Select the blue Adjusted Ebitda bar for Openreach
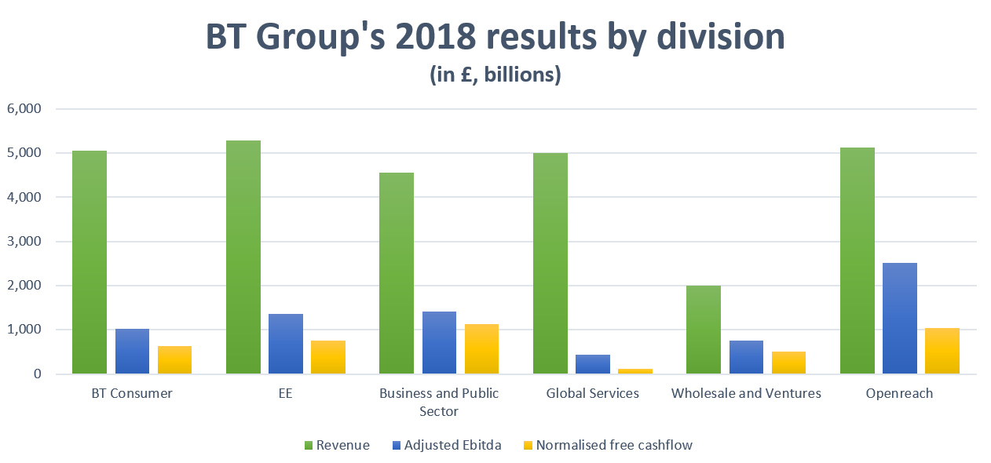tap(900, 319)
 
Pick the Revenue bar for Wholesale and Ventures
tap(704, 330)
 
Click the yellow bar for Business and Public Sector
tap(481, 349)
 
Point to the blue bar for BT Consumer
tap(132, 352)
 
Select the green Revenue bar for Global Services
tap(550, 264)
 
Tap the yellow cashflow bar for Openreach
tap(942, 351)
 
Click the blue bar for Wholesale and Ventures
tap(746, 357)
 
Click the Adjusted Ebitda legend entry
tap(452, 445)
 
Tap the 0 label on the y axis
tap(36, 374)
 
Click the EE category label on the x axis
tap(285, 393)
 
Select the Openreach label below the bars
tap(900, 393)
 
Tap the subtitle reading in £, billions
tap(495, 75)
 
